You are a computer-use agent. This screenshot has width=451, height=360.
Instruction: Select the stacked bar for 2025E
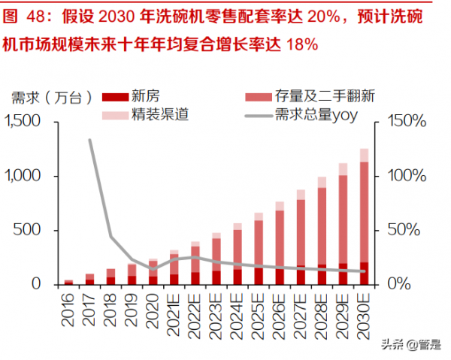coord(259,248)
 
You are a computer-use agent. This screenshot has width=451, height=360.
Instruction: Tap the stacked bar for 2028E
coord(322,230)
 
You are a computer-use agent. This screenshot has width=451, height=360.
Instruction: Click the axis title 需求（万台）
coord(52,97)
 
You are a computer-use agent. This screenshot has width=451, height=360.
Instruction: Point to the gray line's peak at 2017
coord(90,140)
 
